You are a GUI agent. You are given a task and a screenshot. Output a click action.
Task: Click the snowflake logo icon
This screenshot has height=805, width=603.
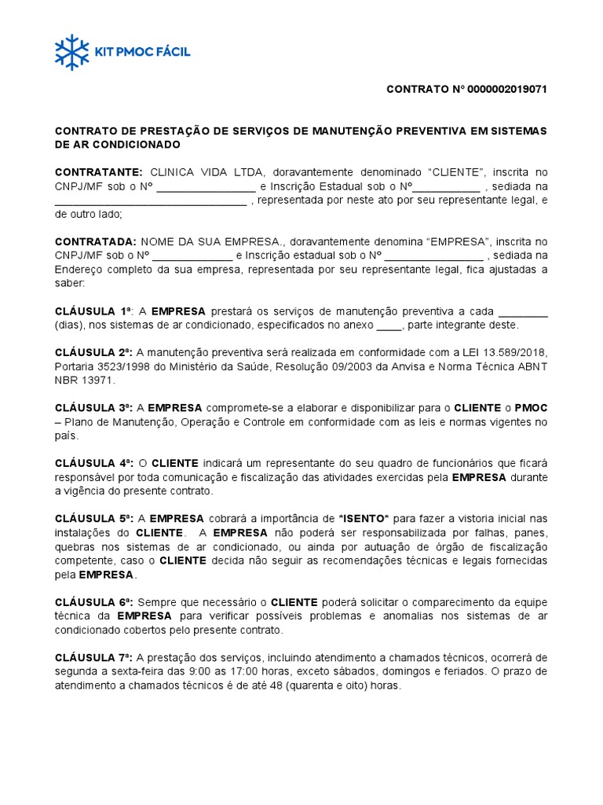[x=72, y=52]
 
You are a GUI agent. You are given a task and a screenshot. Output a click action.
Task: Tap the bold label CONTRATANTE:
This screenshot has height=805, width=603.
[x=98, y=172]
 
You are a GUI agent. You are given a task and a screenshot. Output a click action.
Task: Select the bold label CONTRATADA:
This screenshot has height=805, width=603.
[x=95, y=241]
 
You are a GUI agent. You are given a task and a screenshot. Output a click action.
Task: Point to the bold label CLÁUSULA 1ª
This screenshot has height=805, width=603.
[x=93, y=311]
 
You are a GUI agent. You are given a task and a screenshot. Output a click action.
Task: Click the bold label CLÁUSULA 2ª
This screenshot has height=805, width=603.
[x=93, y=351]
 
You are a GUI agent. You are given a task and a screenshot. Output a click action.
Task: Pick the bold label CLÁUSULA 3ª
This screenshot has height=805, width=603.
[x=93, y=407]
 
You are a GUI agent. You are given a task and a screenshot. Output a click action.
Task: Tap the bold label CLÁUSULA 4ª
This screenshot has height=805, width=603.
[x=93, y=463]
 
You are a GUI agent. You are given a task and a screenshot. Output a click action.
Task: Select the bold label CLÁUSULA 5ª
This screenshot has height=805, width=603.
[x=93, y=519]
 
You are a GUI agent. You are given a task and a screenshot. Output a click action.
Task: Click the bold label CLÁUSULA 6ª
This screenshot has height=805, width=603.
[x=93, y=602]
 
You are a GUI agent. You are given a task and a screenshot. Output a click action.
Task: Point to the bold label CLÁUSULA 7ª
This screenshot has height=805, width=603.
[x=93, y=657]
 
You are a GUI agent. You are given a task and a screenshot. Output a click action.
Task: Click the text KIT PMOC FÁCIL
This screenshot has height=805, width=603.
[x=142, y=53]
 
